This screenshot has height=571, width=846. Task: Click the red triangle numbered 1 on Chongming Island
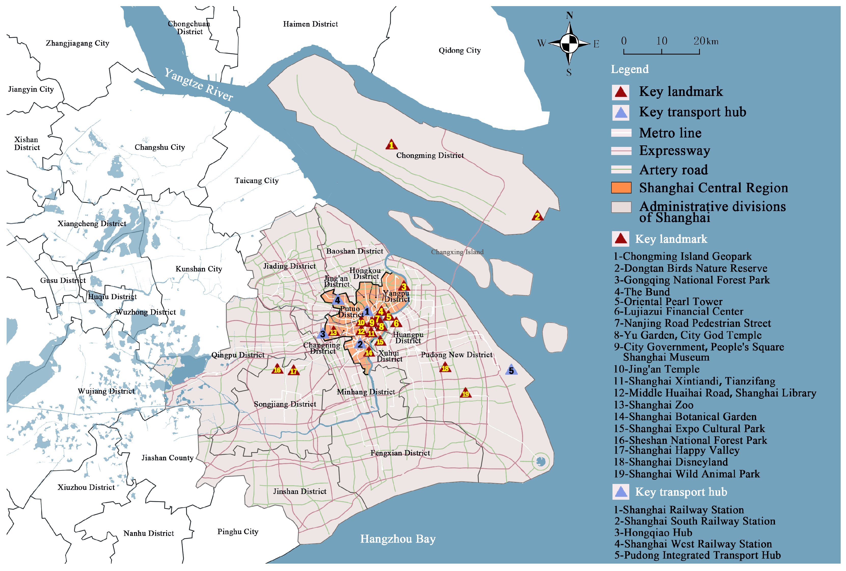tap(391, 145)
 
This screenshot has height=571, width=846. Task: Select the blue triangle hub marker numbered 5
tap(511, 370)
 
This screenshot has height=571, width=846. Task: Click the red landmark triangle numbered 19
tap(465, 393)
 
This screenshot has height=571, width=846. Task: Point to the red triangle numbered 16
tap(277, 369)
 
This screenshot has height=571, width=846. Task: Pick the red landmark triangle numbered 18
tap(445, 368)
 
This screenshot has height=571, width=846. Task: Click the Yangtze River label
tap(198, 85)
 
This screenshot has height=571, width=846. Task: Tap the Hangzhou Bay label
tap(398, 539)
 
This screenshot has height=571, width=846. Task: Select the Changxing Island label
tap(457, 252)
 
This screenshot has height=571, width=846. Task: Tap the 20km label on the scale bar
tap(705, 41)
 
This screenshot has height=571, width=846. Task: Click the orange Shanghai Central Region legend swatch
tap(621, 188)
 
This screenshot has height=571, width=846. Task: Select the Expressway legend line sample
tap(621, 151)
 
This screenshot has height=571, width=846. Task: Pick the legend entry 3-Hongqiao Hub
tap(653, 532)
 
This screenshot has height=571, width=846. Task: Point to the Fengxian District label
tap(400, 453)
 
